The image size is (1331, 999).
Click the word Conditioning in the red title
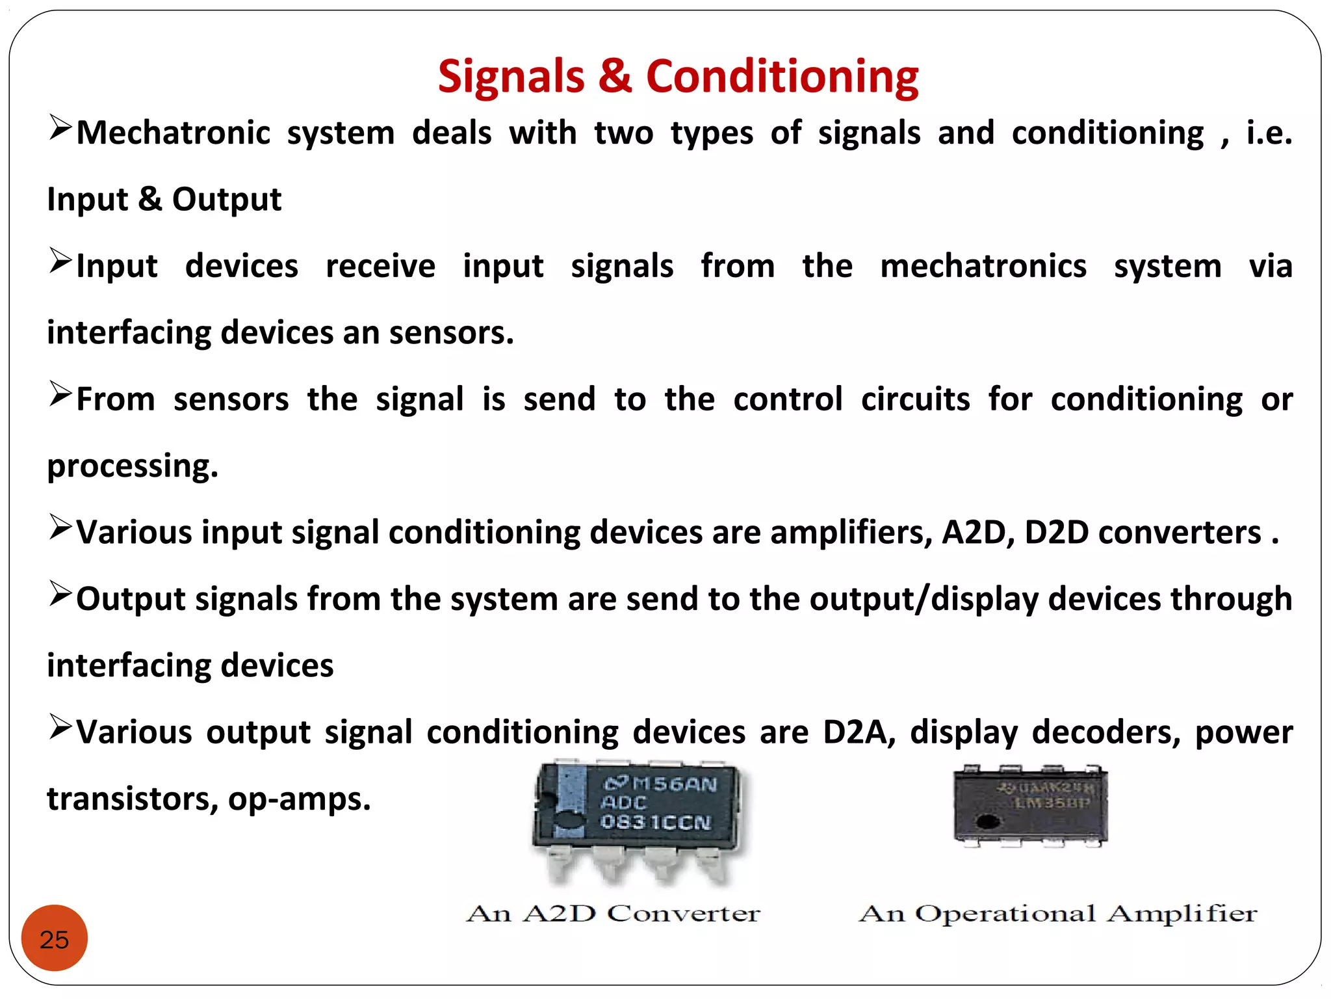(782, 77)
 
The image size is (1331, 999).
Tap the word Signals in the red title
(511, 77)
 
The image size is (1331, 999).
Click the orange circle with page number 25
(55, 939)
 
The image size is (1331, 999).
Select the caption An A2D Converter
(613, 913)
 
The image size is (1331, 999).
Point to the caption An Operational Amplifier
(1057, 913)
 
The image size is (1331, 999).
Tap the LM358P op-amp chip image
(1031, 806)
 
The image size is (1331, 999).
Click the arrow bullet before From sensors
(60, 394)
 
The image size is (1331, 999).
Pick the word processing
(133, 466)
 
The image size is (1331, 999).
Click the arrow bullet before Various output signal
(60, 727)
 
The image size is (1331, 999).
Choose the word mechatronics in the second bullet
(983, 266)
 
